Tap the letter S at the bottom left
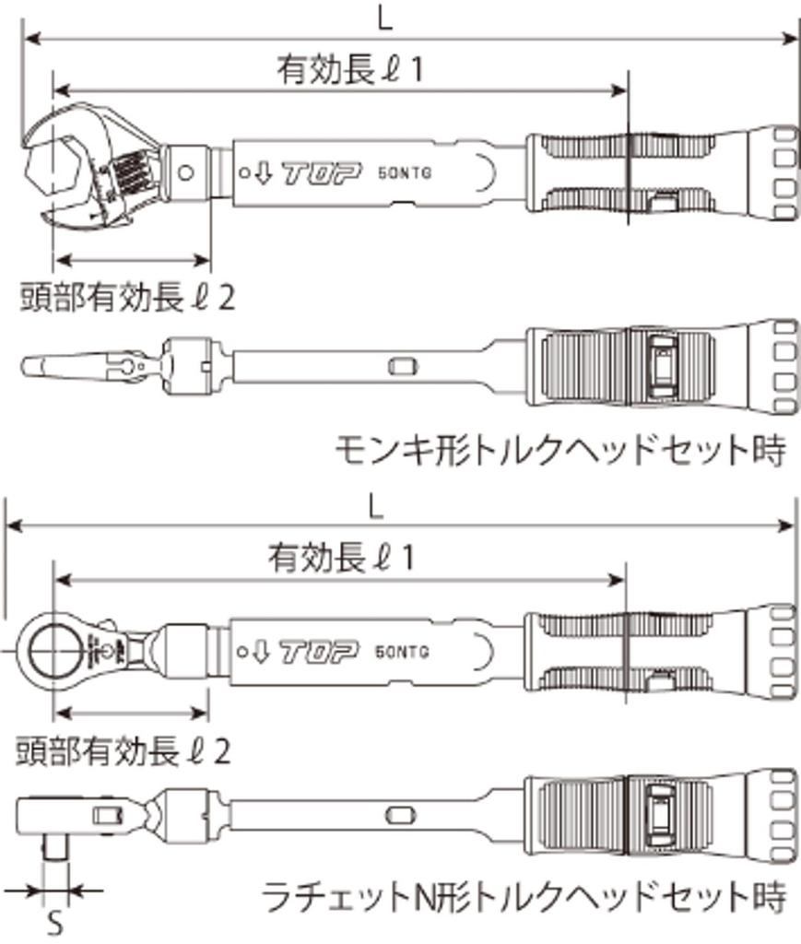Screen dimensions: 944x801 (54, 924)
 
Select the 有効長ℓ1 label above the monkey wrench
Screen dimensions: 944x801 (348, 71)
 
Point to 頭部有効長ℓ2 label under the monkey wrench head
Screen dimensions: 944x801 (127, 297)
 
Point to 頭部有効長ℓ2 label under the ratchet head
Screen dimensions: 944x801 (123, 751)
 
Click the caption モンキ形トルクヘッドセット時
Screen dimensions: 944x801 (560, 451)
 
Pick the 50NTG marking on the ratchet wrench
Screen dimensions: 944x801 (403, 654)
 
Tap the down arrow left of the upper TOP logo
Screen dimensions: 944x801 (265, 172)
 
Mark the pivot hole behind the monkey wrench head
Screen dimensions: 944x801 (188, 172)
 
